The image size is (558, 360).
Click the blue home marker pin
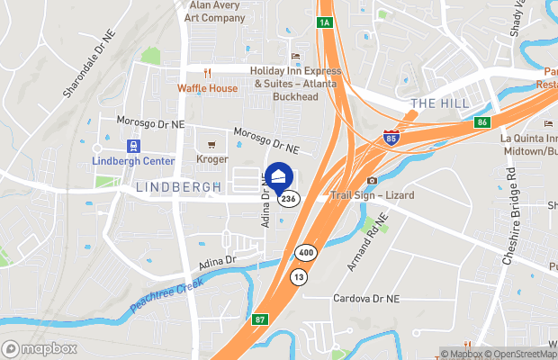(279, 177)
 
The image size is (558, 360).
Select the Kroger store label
(211, 158)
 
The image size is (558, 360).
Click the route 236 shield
(288, 199)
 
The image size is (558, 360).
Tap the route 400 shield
(306, 255)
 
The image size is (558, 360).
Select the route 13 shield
(298, 277)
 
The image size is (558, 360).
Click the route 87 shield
(259, 319)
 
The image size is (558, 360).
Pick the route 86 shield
(483, 121)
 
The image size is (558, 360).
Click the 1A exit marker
(325, 22)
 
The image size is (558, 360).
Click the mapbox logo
(39, 348)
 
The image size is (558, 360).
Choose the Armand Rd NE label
(366, 241)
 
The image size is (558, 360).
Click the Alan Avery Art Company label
(214, 11)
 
